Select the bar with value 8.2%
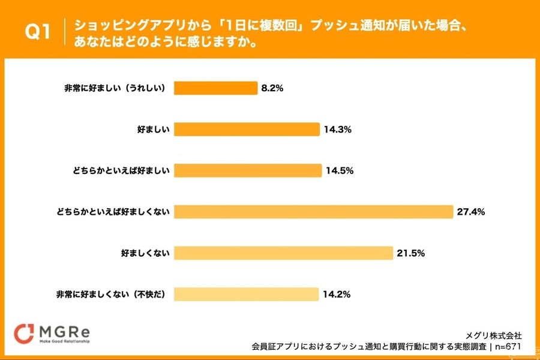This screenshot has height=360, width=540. point(215,88)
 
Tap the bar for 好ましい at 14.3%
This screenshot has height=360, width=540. point(247,130)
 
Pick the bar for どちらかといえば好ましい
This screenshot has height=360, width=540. point(248,170)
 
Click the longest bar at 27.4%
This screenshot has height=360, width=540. point(313,212)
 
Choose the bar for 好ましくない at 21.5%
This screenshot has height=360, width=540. point(283,253)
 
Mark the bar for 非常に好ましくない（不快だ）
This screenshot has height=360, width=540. point(246,294)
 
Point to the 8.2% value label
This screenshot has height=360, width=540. point(272,88)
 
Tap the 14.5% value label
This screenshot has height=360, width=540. point(340,170)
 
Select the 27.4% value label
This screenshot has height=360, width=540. point(470,212)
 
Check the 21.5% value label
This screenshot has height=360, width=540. point(410,253)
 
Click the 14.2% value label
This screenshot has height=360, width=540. point(337,294)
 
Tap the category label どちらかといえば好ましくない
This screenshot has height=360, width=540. point(113,212)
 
